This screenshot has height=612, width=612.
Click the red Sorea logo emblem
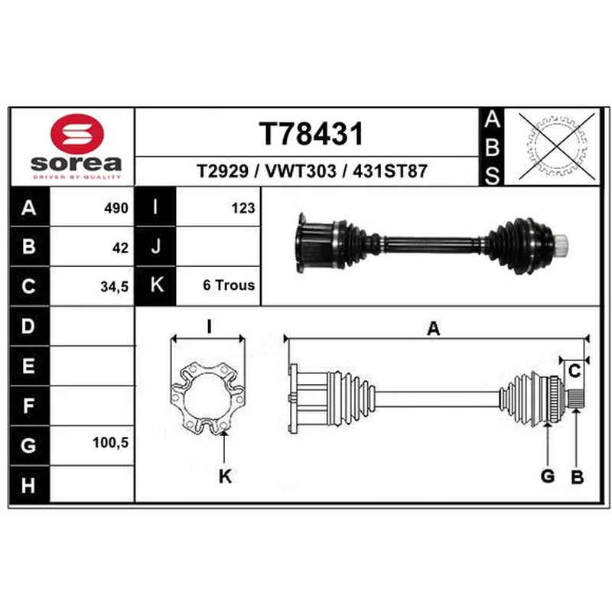77,134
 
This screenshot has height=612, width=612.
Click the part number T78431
311,134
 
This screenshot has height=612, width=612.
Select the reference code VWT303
301,171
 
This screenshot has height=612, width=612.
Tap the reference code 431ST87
389,171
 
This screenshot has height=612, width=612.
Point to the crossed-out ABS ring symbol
556,146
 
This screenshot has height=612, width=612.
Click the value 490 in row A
116,208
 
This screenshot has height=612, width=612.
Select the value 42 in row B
120,248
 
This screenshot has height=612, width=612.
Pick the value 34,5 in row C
114,287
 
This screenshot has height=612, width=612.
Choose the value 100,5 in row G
110,443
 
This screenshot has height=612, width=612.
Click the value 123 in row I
243,208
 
